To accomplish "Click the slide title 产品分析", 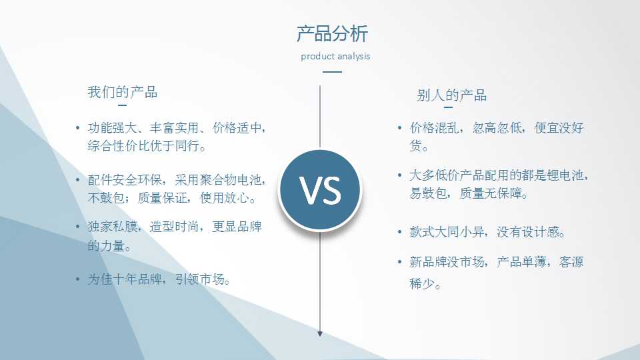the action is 332,33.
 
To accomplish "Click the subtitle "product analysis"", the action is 335,56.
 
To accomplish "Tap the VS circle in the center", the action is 320,190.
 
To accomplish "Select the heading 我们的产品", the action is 123,92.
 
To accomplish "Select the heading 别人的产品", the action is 452,95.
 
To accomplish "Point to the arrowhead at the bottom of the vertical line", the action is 320,333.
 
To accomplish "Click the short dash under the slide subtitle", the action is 332,72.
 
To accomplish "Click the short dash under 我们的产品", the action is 122,105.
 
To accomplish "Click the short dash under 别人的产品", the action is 448,107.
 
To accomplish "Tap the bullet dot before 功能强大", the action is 77,128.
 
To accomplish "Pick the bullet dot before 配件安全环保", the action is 77,179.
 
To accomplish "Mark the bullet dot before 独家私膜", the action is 77,226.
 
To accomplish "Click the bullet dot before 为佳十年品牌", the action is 77,279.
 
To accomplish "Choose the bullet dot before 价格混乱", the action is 399,128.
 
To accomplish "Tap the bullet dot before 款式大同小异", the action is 399,232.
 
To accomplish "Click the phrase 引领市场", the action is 200,279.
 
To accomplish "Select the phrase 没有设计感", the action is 528,232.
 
